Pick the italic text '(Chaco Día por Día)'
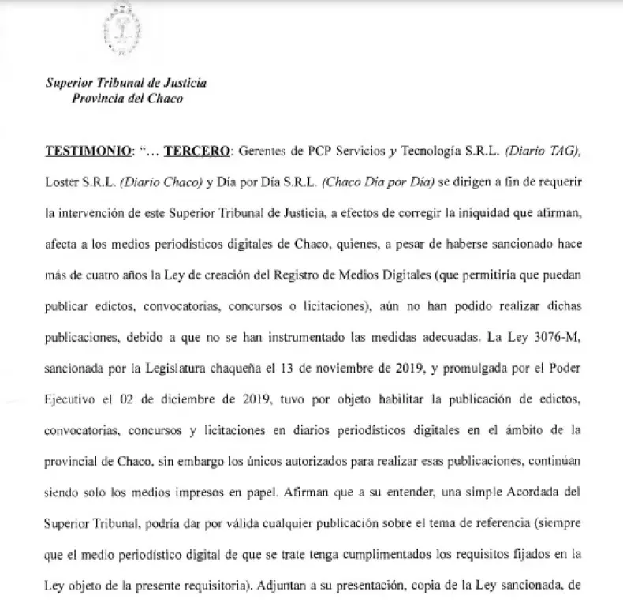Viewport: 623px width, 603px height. (x=379, y=182)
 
